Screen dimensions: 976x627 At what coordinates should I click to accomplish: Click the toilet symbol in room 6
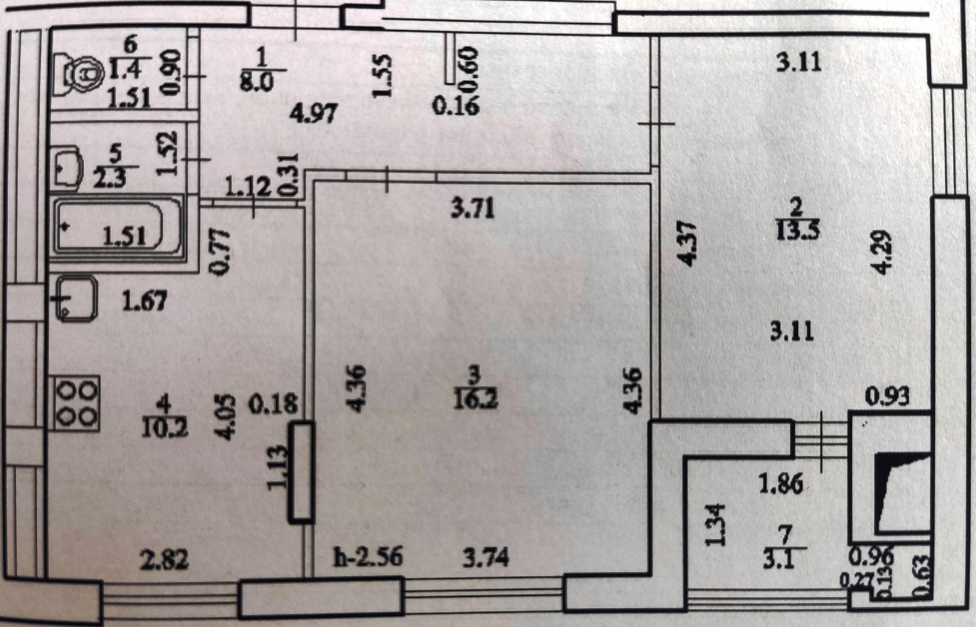pos(81,74)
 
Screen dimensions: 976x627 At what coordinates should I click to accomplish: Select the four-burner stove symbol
pos(77,403)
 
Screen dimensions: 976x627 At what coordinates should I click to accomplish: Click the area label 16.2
pos(476,399)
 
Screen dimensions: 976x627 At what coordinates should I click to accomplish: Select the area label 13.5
pos(798,230)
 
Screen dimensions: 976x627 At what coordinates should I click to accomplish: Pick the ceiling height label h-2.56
pos(368,557)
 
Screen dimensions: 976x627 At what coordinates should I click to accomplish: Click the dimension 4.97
pos(314,113)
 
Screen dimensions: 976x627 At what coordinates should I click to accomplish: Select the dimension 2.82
pos(164,560)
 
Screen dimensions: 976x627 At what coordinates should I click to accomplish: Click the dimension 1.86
pos(781,483)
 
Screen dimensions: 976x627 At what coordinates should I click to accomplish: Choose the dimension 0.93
pos(887,397)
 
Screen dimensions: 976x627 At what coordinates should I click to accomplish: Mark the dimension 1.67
pos(144,301)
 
